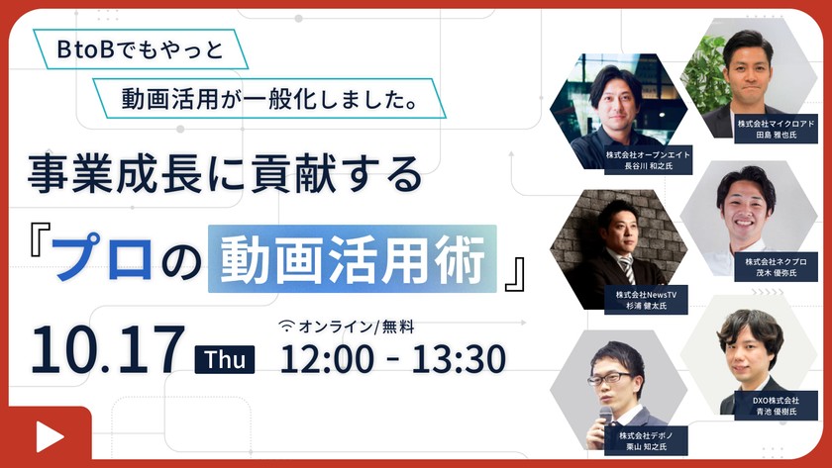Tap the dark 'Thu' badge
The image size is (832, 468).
coord(226,359)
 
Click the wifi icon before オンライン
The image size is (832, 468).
coord(287,326)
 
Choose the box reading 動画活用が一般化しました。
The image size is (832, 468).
coord(267,98)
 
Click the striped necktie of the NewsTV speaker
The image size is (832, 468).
coord(626,268)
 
